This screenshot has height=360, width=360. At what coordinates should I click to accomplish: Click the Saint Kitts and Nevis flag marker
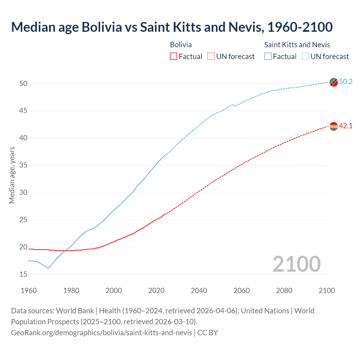coord(334,82)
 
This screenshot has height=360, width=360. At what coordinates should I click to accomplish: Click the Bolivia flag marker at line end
coord(334,127)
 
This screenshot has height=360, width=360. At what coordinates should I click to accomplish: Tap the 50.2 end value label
coord(346,82)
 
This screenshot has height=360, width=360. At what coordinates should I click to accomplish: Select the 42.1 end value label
coord(346,126)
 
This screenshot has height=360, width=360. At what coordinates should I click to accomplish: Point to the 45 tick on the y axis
coord(23,111)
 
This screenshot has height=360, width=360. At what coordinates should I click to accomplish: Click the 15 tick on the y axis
coord(23,274)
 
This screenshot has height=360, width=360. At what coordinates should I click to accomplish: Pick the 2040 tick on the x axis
coord(199,291)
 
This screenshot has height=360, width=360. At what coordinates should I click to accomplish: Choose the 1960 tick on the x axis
coord(29,291)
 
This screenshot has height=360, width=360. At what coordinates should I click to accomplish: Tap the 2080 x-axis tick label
coord(284,291)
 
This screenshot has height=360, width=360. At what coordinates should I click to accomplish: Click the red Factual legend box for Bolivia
coord(174,57)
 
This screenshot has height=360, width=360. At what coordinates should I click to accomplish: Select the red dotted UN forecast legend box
coord(211,57)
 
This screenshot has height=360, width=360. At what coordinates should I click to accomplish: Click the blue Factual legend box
coord(268,57)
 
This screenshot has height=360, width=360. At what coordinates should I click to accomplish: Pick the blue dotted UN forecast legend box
coord(305,57)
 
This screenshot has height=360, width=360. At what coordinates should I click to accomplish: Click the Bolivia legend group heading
coord(181,45)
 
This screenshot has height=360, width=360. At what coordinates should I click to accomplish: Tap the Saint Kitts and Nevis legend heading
coord(297,45)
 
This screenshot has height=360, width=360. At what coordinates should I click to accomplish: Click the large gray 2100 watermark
coord(296,264)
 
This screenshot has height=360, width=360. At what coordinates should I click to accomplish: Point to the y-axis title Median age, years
coord(12,175)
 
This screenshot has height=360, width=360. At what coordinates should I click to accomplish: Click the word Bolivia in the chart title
coord(102,27)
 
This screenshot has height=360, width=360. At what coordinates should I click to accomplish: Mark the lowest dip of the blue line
coord(48,268)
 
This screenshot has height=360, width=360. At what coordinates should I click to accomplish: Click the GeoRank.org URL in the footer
coord(102,333)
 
